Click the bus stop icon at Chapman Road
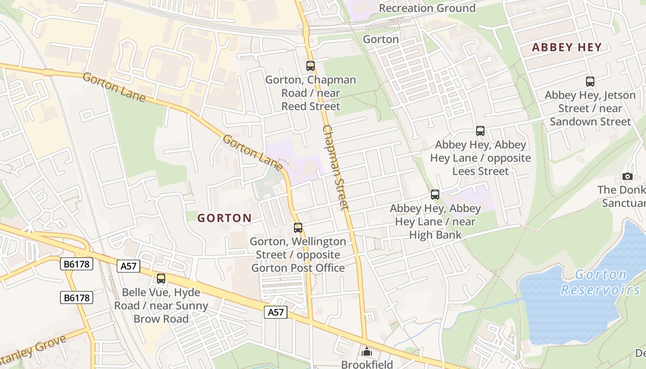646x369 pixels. [311, 66]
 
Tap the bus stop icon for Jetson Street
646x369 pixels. [590, 82]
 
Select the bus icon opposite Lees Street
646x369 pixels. [480, 131]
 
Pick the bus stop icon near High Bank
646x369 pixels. [435, 195]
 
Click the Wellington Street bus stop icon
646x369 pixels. [298, 228]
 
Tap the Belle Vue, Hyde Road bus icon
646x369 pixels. [161, 279]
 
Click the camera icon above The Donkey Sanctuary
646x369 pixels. [627, 176]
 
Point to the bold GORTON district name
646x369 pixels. [225, 218]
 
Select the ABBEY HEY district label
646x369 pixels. [567, 47]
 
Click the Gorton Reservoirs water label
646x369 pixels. [601, 282]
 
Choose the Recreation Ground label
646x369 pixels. [427, 8]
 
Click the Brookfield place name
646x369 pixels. [367, 364]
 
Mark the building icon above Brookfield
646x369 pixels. [367, 352]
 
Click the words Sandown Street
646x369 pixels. [590, 122]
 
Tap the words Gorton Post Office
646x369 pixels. [298, 268]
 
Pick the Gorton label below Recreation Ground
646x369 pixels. [381, 39]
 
